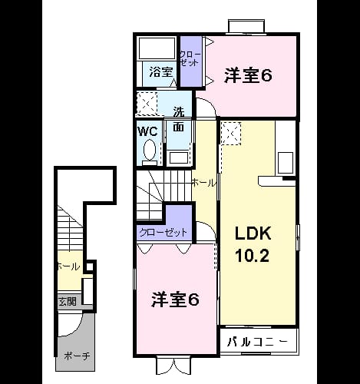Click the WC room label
147,131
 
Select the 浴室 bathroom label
161,72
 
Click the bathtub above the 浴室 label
157,48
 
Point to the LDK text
253,233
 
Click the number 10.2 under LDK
253,255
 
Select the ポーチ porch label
77,356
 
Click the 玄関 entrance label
68,302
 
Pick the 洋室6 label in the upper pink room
248,75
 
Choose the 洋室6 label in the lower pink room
175,300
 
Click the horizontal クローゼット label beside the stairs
163,233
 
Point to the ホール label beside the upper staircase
204,183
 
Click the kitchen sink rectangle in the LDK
286,163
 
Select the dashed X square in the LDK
232,134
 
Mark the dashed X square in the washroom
147,103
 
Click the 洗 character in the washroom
179,111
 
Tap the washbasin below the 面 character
178,157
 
